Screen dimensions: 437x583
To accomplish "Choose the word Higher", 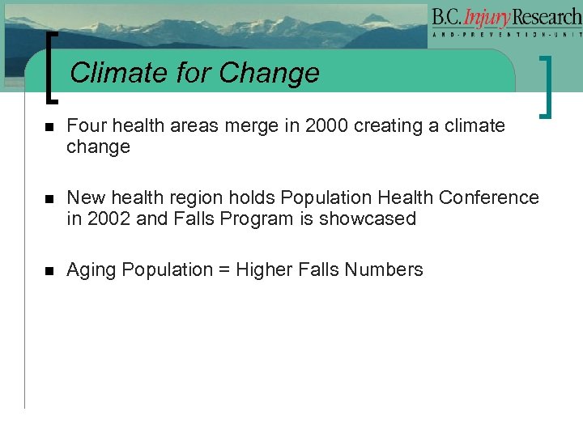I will [264, 270].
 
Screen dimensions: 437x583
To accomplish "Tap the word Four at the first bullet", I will [84, 126].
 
